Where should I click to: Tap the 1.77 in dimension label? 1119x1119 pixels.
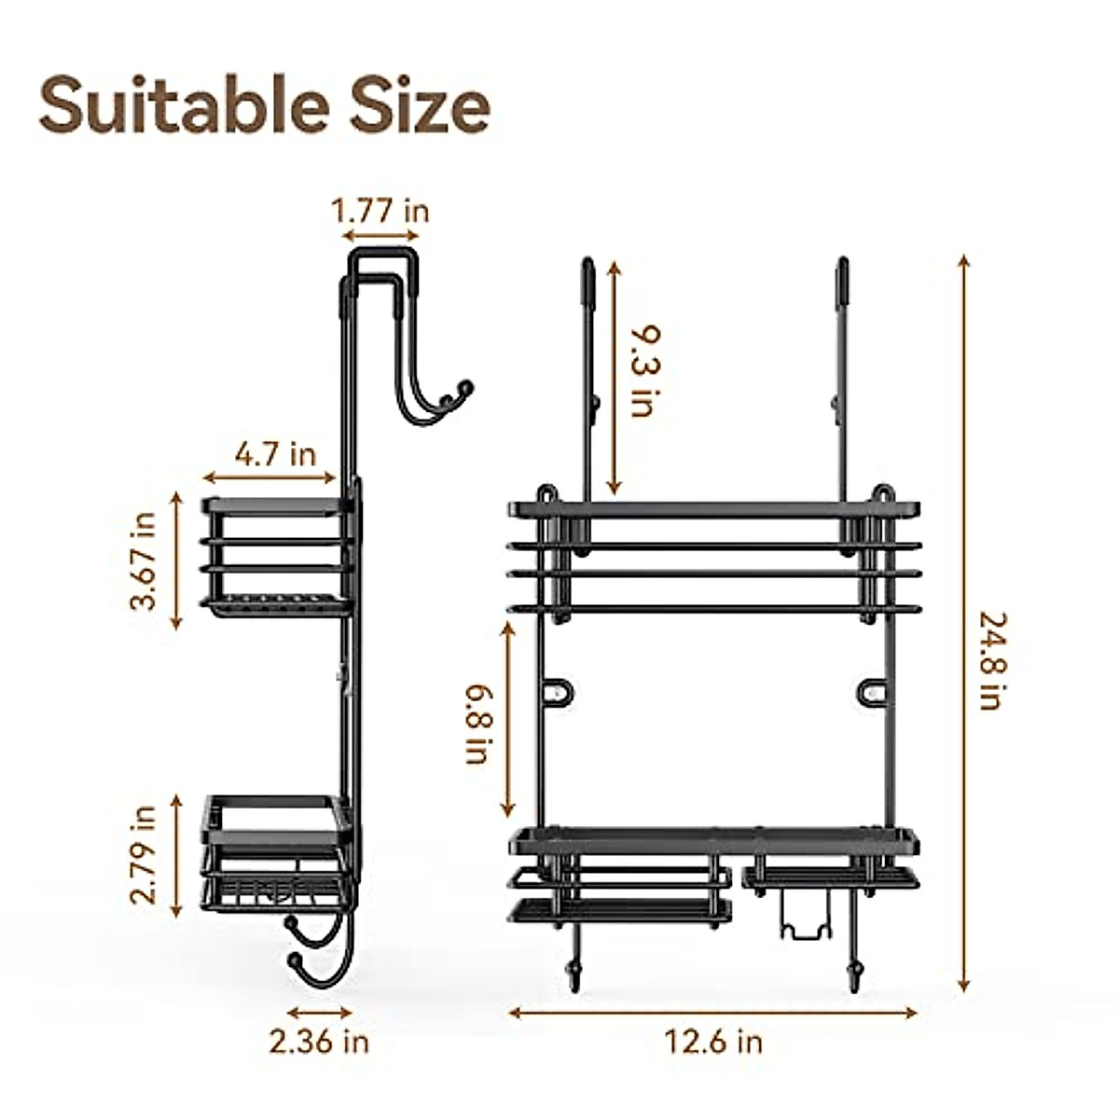coord(380,212)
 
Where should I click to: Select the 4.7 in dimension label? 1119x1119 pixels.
coord(275,454)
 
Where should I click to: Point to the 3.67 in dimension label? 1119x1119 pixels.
coord(144,561)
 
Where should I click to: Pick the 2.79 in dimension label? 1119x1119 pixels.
coord(144,855)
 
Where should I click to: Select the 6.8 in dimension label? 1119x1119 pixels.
coord(481,725)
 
